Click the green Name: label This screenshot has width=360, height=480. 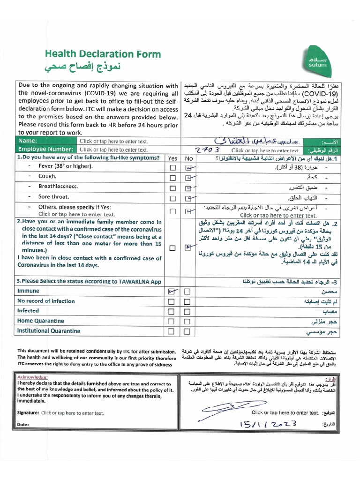tap(27, 141)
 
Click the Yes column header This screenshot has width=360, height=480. tap(172, 158)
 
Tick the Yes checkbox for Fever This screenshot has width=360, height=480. tap(173, 167)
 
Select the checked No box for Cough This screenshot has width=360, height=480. tap(188, 178)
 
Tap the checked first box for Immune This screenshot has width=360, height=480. tap(172, 292)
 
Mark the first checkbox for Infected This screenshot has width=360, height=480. tap(172, 312)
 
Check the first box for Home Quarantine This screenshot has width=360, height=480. tap(172, 322)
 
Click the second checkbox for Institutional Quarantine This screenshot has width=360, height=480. tap(187, 331)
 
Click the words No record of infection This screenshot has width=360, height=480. tap(46, 301)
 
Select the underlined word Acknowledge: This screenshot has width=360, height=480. tap(32, 377)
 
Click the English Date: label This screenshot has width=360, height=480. tap(23, 424)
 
